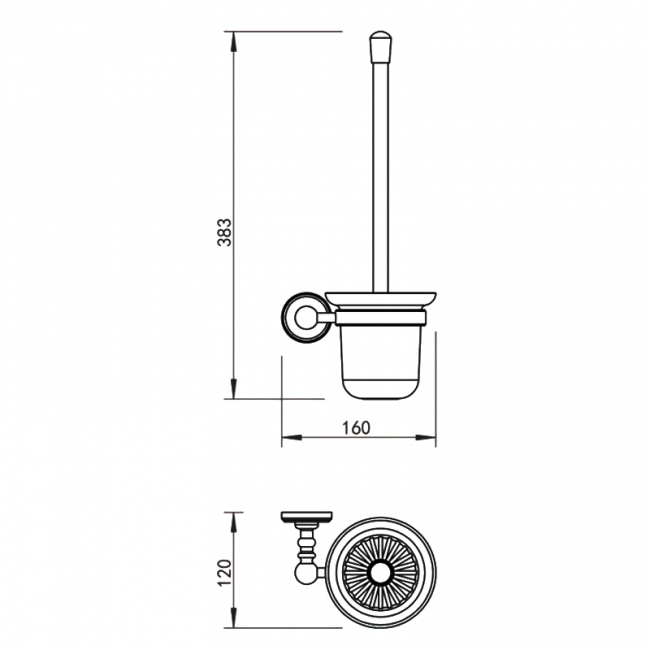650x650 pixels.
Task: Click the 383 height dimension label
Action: tap(224, 232)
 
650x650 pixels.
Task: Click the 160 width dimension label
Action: tap(356, 428)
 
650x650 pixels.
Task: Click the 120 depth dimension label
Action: tap(224, 572)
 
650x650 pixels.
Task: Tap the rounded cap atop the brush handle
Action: tap(381, 46)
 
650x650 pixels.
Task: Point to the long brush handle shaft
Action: tap(381, 177)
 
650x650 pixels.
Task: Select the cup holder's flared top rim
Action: tap(381, 300)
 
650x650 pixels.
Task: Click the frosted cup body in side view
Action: tap(380, 361)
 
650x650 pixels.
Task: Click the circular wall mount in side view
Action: tap(306, 318)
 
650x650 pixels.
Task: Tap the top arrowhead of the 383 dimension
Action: tap(234, 41)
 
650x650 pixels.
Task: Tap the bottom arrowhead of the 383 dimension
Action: tap(234, 388)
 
